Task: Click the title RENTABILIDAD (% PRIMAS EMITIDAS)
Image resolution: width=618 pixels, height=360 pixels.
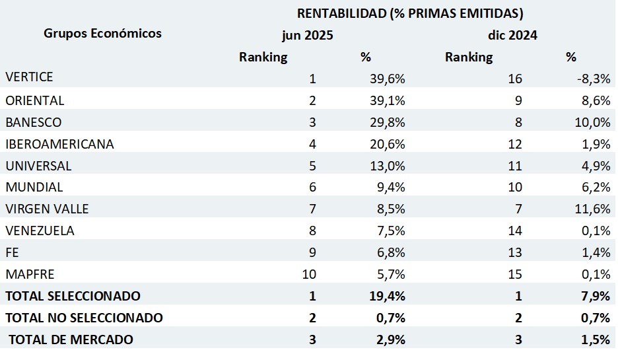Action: [410, 13]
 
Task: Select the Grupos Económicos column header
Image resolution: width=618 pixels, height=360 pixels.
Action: [102, 33]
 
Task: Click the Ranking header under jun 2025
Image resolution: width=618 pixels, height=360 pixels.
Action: [263, 57]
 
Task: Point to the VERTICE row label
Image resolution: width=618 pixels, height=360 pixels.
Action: [29, 77]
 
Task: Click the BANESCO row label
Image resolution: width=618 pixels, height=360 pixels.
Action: [34, 122]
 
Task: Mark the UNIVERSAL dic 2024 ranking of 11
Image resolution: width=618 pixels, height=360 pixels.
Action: [515, 166]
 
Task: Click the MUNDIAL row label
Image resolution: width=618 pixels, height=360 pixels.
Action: [34, 187]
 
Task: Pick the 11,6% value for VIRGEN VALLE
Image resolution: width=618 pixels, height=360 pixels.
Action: [592, 209]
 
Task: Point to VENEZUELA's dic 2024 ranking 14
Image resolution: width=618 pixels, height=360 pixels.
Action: [515, 231]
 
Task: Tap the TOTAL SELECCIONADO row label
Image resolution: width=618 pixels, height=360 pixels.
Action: [73, 296]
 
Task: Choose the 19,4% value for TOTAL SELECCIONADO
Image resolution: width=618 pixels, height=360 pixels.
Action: [388, 296]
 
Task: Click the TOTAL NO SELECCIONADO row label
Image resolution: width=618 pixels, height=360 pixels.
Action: [84, 318]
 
